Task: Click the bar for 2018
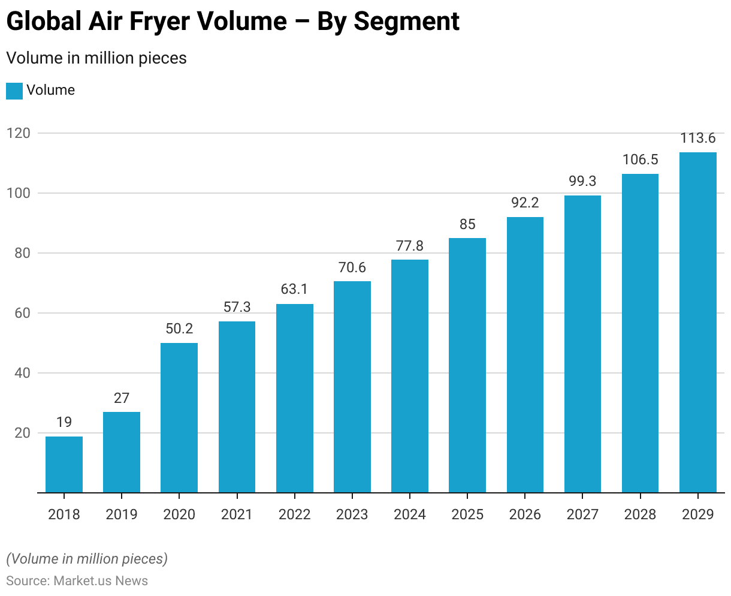click(x=64, y=465)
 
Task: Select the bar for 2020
click(x=179, y=418)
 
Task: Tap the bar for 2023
click(x=352, y=387)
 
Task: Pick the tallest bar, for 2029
click(x=698, y=323)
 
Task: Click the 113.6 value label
click(x=698, y=138)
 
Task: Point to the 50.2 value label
click(x=179, y=329)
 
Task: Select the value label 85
click(x=467, y=224)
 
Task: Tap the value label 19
click(x=64, y=422)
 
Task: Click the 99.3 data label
click(x=583, y=181)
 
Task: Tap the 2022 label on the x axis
click(x=295, y=514)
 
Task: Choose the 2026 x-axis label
click(x=525, y=514)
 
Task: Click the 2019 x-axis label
click(x=122, y=514)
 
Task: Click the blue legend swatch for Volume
click(x=14, y=91)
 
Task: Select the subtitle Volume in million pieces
click(x=96, y=58)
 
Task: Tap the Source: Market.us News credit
click(x=77, y=581)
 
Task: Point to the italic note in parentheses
click(x=87, y=559)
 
